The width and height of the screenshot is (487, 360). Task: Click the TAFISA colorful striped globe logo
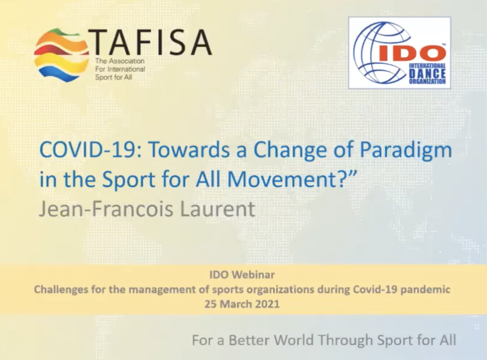click(x=61, y=55)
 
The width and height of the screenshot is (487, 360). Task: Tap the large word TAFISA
click(x=150, y=43)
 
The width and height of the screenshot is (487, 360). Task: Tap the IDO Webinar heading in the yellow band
click(x=242, y=275)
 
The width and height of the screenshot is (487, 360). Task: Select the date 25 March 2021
click(x=242, y=304)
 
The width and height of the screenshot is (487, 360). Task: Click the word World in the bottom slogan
click(x=294, y=340)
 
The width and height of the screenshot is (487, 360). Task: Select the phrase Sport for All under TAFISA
click(x=113, y=77)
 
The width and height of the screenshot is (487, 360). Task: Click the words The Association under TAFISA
click(x=120, y=61)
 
